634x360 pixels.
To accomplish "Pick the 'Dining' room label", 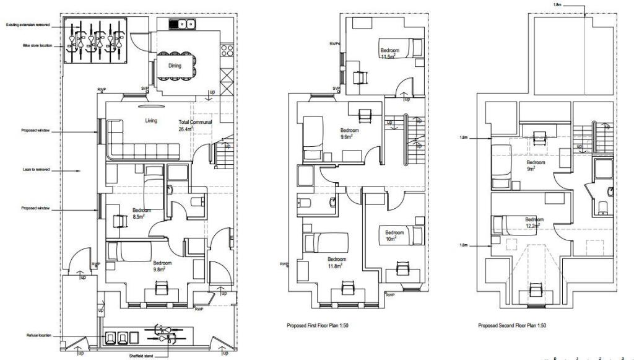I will tap(175, 64).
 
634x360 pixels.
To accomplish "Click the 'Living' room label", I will tap(152, 121).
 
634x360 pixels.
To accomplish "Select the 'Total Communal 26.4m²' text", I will tap(196, 126).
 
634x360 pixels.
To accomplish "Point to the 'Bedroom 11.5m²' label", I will tap(389, 53).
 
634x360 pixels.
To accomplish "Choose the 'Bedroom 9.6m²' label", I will tap(350, 134).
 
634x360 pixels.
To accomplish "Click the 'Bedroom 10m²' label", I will tap(394, 236).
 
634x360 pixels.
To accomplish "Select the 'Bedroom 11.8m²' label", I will tap(337, 263).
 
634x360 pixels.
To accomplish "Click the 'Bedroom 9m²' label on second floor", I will tap(536, 165).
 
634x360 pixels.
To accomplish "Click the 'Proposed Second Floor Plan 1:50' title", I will tap(512, 325).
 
